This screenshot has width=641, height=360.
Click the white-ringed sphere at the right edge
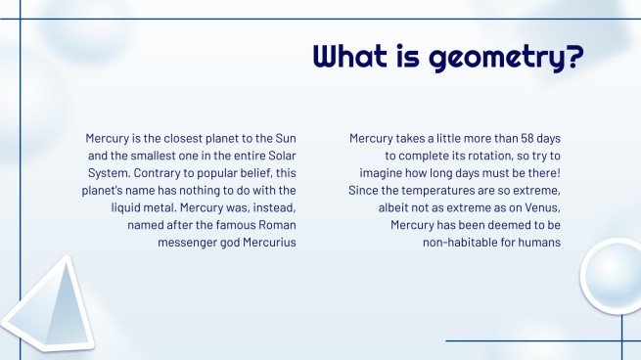coord(614,277)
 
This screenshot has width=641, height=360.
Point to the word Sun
coord(285,139)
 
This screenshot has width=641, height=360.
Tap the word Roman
coord(276,225)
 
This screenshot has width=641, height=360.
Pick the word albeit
coord(395,207)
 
